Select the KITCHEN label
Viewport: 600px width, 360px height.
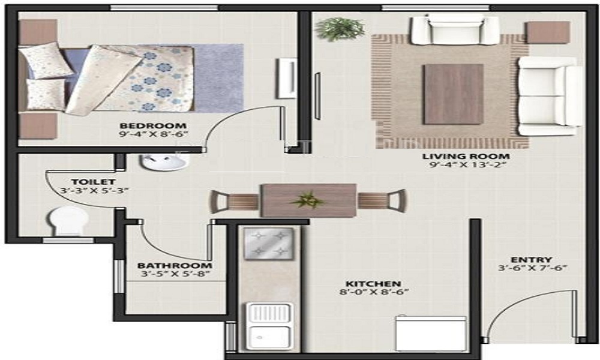tap(373, 283)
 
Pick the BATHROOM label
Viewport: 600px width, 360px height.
tap(174, 265)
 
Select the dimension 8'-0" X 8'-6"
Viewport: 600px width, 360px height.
tap(373, 293)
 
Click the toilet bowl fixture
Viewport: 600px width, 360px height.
tap(67, 220)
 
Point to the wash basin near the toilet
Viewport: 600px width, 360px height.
tap(164, 162)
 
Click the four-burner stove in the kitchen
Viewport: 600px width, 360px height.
tap(268, 242)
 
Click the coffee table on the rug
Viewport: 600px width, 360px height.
tap(452, 94)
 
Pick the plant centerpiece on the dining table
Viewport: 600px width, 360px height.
tap(308, 199)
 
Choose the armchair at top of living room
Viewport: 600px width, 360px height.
tap(455, 30)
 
